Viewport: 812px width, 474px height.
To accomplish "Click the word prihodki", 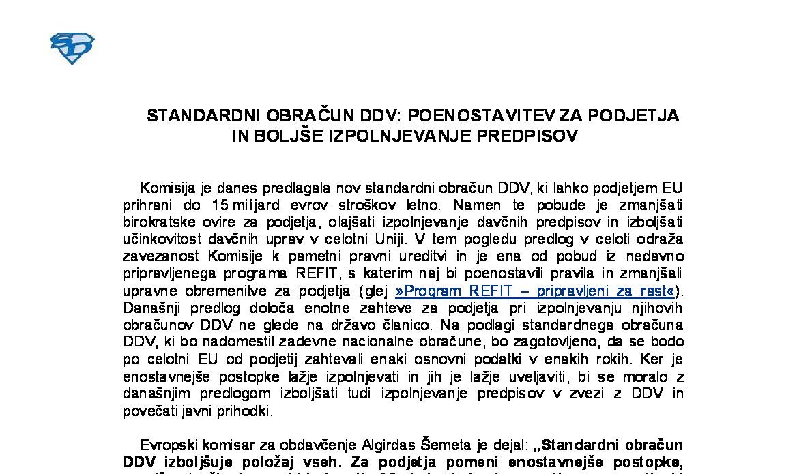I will [x=246, y=411].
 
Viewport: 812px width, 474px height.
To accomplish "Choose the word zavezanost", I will [x=161, y=256].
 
